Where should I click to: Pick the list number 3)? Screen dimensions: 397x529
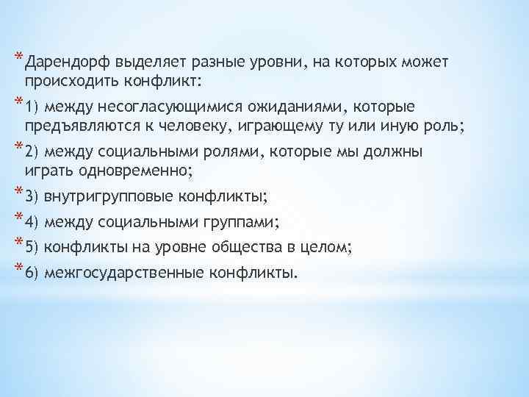click(x=32, y=198)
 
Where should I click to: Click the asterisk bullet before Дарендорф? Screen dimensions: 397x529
click(x=17, y=59)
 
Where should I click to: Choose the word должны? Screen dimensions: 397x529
click(x=402, y=151)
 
